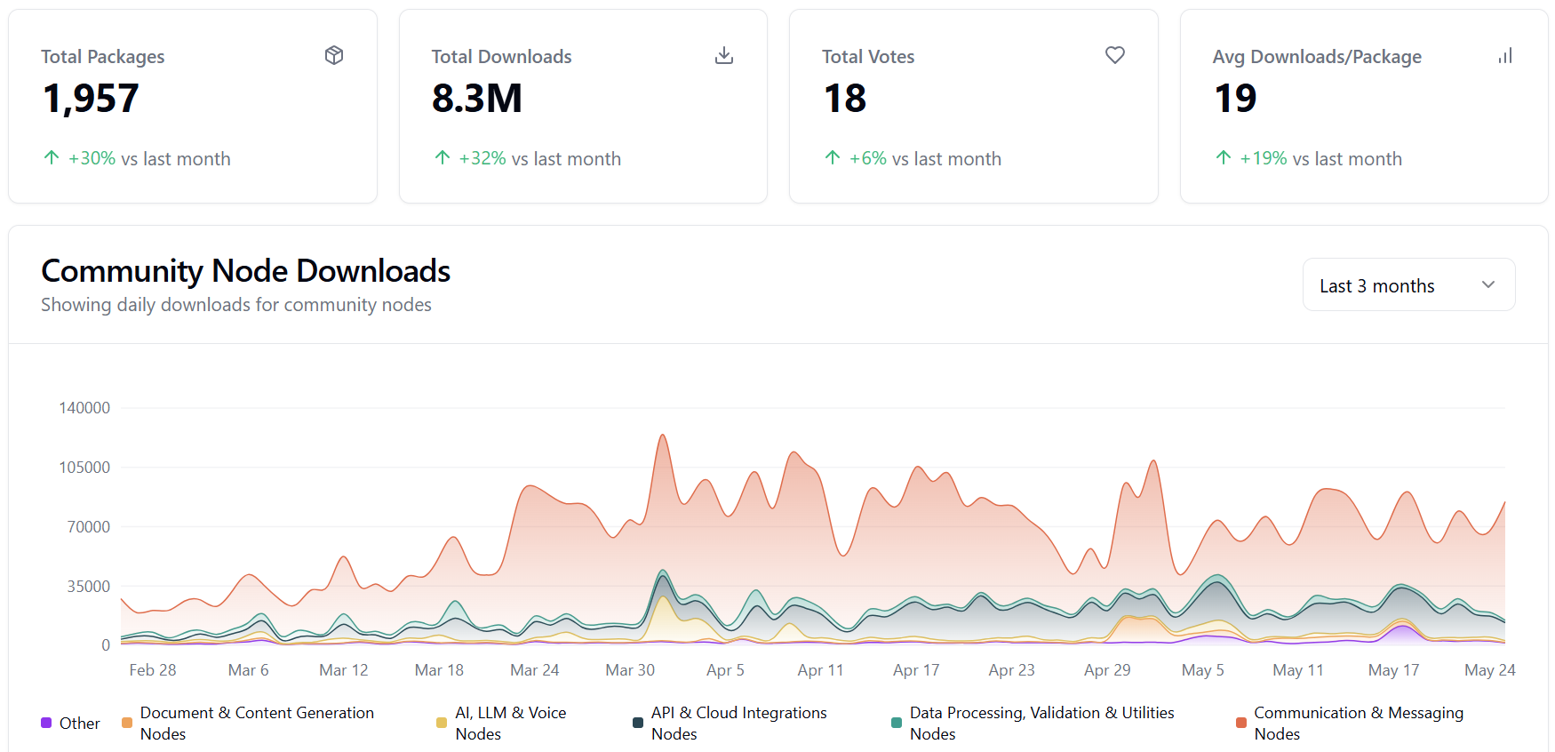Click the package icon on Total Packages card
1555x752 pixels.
334,55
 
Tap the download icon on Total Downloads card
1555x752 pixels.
724,55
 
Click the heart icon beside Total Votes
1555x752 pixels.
1114,55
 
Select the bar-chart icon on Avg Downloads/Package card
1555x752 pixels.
1504,55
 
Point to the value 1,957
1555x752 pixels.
91,99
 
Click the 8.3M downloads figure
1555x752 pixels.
477,99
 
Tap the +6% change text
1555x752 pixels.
867,159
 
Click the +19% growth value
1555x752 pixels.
1263,159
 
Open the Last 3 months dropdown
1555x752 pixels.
1408,285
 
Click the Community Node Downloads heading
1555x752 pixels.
246,271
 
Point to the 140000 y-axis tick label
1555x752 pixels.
84,408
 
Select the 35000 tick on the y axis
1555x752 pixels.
88,587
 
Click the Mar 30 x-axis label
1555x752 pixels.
630,670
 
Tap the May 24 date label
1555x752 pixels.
1489,670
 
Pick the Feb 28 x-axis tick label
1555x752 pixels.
153,670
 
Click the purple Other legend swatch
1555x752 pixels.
46,723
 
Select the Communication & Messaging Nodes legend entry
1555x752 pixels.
1358,723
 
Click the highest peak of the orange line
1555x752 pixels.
663,436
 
